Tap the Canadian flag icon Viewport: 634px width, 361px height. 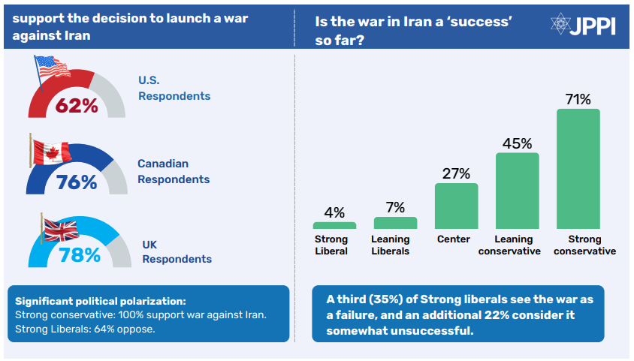(50, 149)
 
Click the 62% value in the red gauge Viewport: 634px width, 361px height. (77, 106)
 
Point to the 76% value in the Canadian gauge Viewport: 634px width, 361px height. (76, 182)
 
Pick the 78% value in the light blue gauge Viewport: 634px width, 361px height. (79, 256)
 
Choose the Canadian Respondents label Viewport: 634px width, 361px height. (174, 171)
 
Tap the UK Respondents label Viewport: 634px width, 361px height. (177, 251)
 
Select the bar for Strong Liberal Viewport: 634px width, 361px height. (334, 225)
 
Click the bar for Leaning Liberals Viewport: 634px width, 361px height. (395, 223)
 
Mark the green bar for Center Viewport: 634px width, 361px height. (457, 206)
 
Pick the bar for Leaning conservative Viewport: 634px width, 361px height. (518, 191)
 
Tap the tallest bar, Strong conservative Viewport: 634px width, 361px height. (578, 169)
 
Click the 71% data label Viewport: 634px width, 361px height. (578, 99)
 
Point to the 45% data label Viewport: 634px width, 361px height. (518, 143)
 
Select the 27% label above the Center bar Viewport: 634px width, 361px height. (457, 173)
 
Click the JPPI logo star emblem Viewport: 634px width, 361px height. (562, 25)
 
